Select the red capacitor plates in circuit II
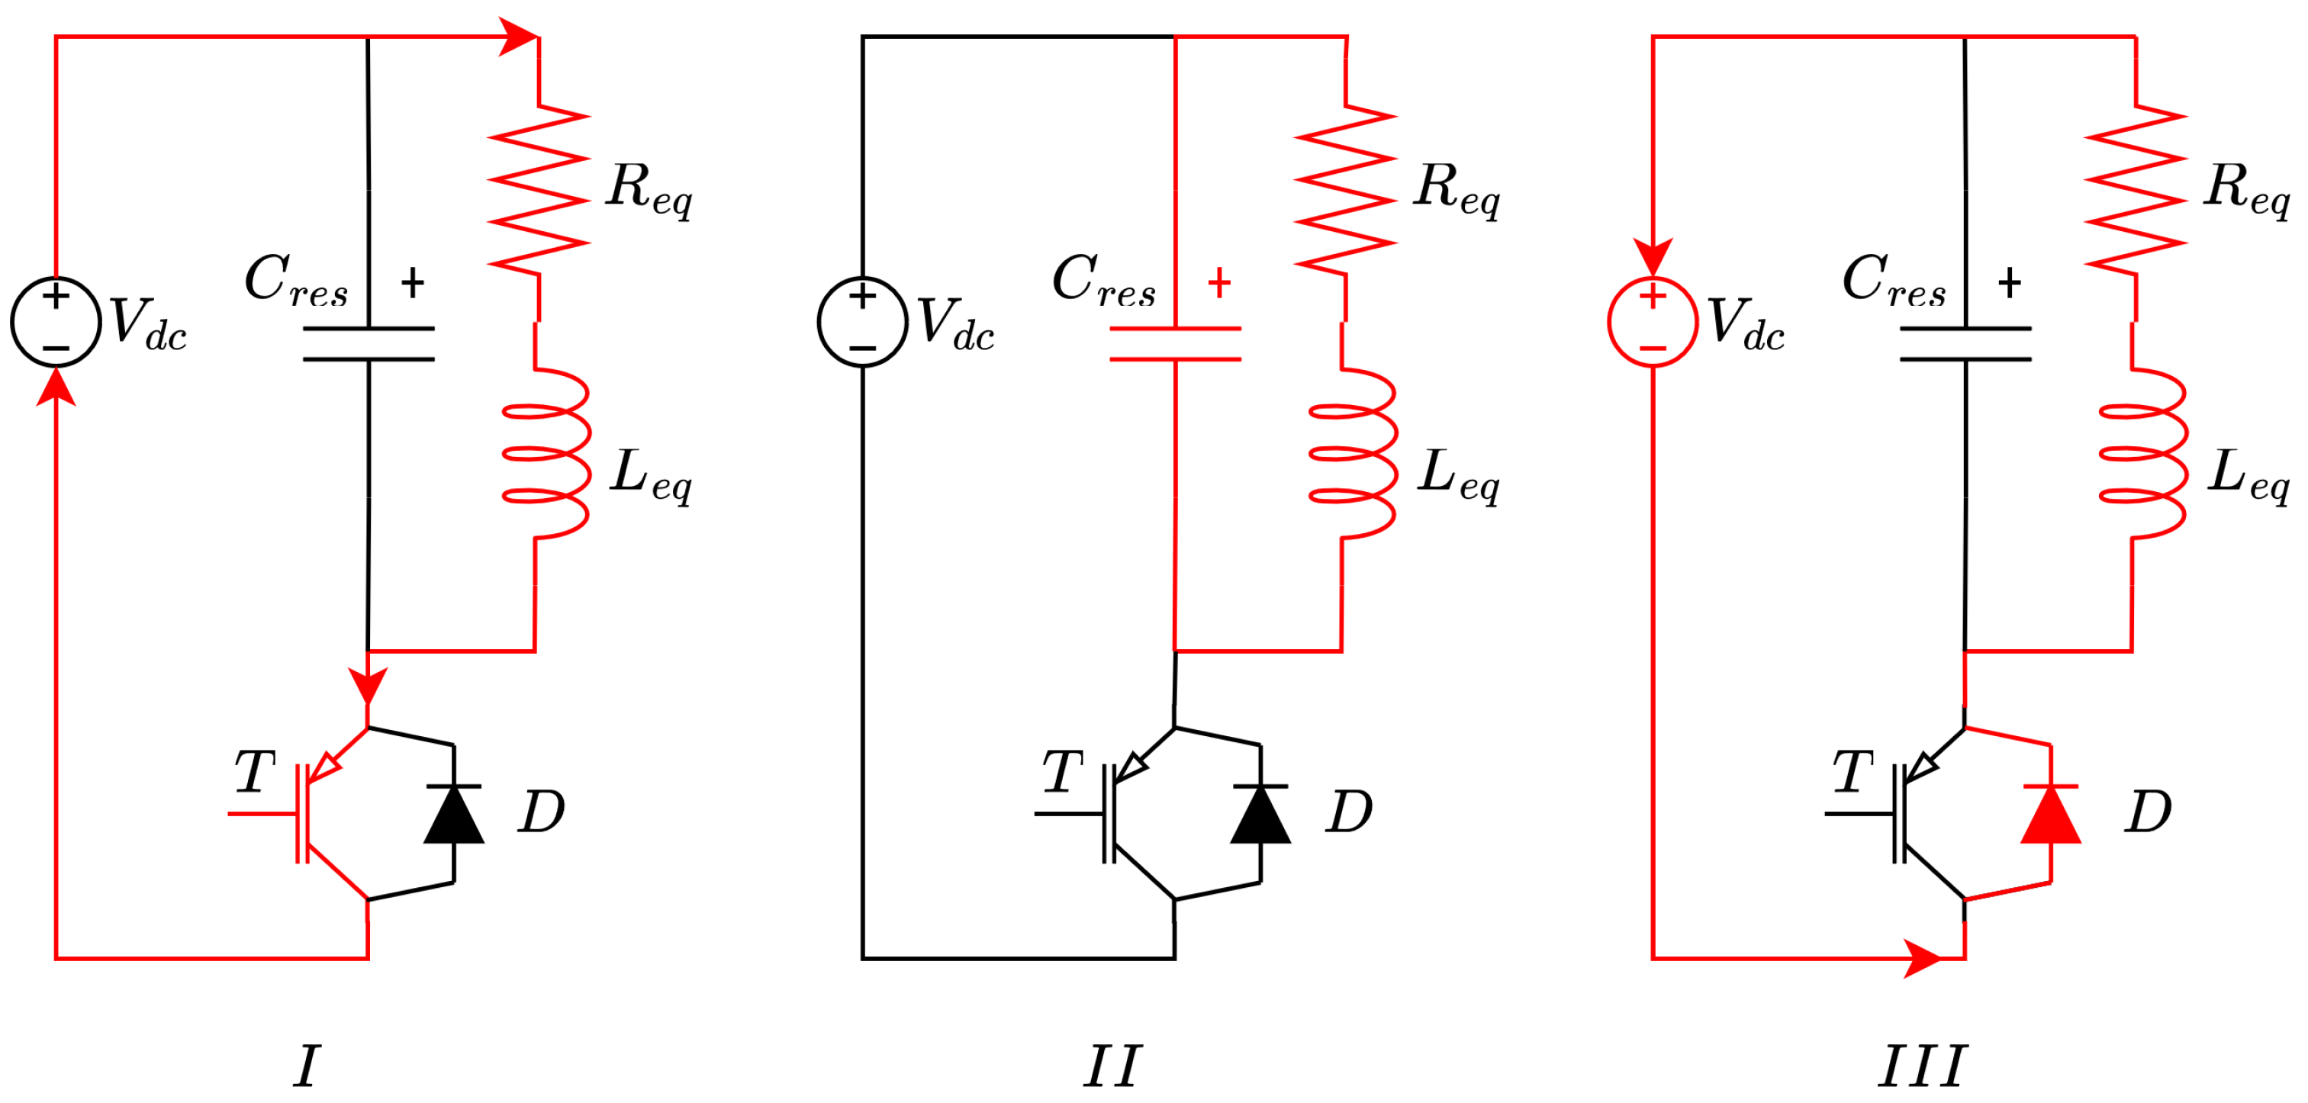point(1175,344)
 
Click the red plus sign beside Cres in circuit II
point(1218,283)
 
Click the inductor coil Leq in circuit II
point(1353,453)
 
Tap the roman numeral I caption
point(307,1066)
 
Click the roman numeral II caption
point(1112,1066)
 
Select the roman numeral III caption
point(1921,1066)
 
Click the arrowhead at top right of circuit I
point(518,37)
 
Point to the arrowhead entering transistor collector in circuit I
point(367,686)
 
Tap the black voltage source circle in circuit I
point(56,322)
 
